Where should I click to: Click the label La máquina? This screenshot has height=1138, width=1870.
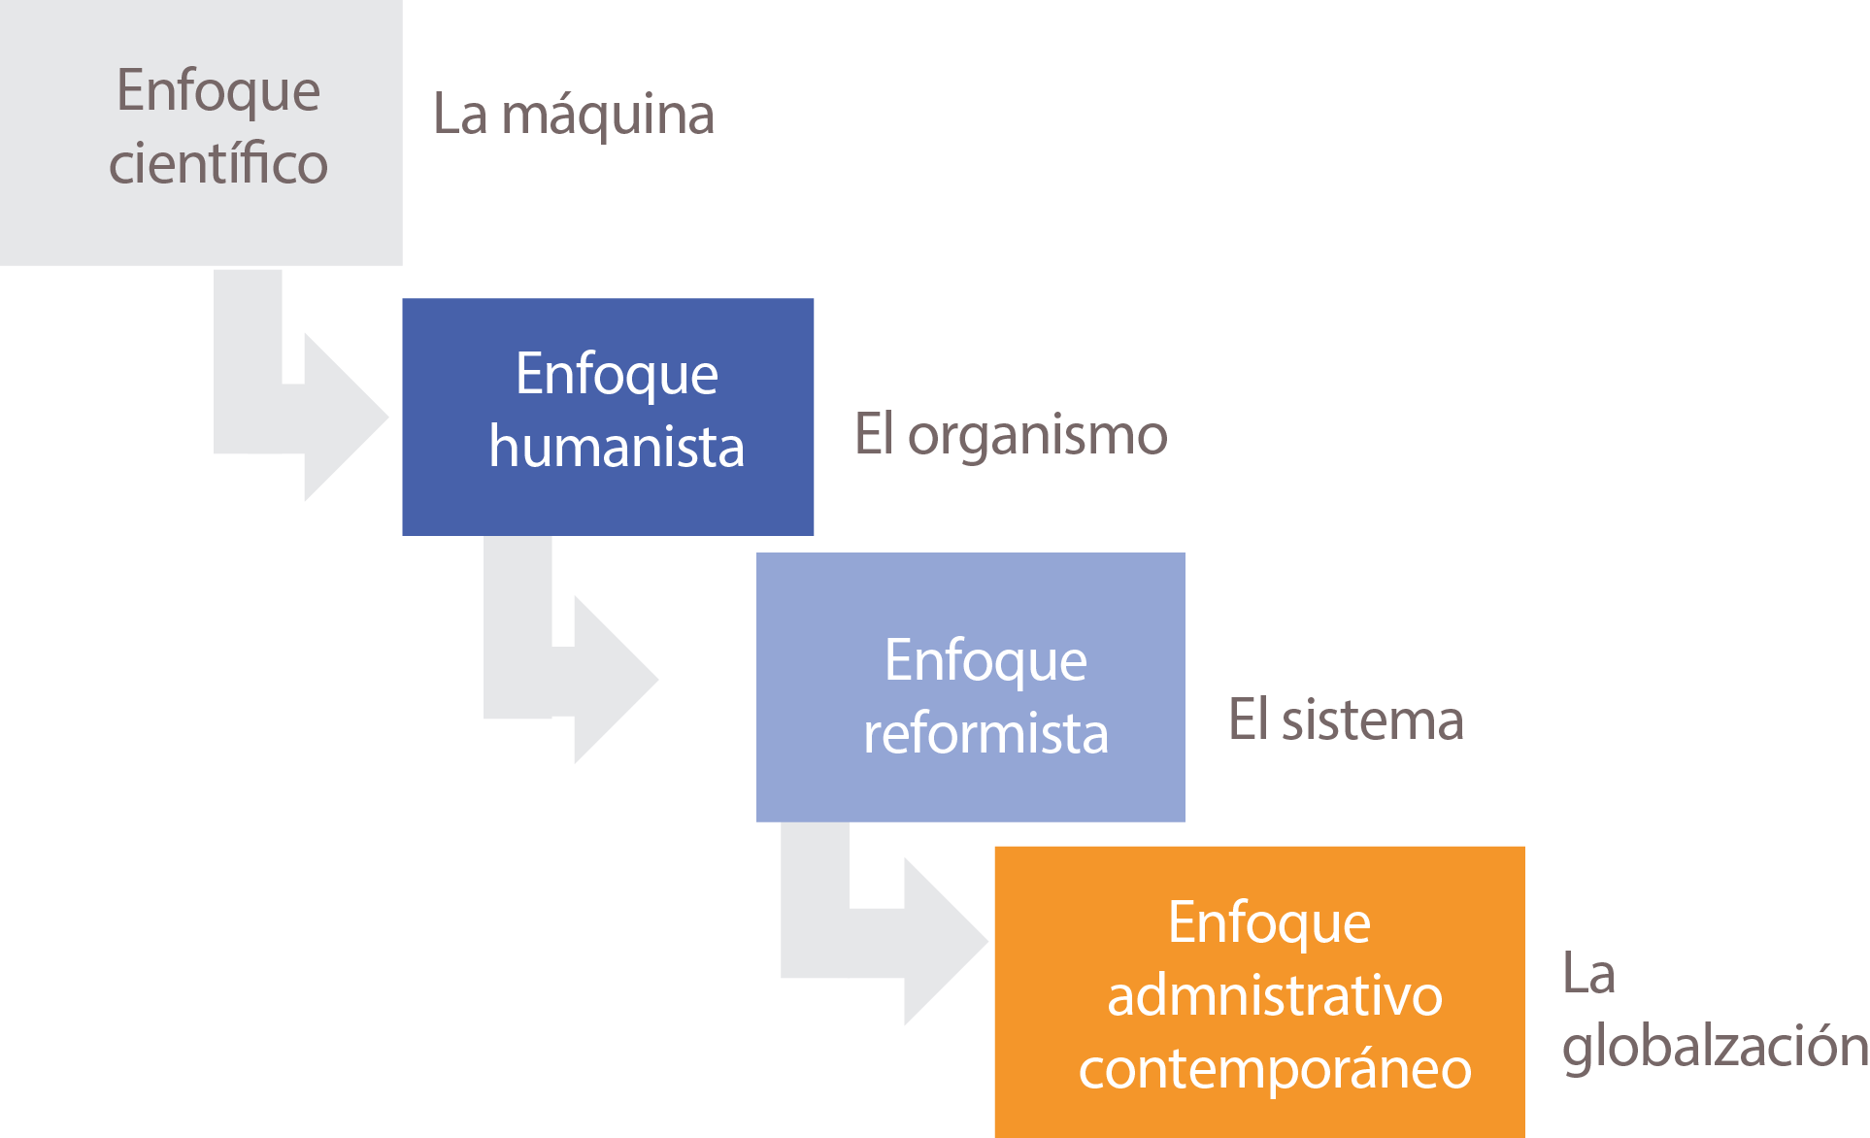[x=573, y=115]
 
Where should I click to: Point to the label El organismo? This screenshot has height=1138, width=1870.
[x=1011, y=434]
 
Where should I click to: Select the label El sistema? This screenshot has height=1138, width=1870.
[x=1346, y=720]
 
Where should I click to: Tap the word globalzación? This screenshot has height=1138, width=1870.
[x=1715, y=1046]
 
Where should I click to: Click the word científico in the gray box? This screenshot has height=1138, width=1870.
[x=218, y=163]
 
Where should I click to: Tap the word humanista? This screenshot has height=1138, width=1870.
[x=617, y=447]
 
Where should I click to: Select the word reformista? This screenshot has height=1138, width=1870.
[x=985, y=733]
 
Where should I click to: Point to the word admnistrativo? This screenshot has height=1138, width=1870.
[x=1274, y=996]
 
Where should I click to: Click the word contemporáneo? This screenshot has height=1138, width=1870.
[x=1274, y=1069]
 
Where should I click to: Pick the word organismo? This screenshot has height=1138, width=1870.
[x=1037, y=436]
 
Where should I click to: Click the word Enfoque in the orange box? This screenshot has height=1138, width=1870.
[x=1269, y=922]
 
